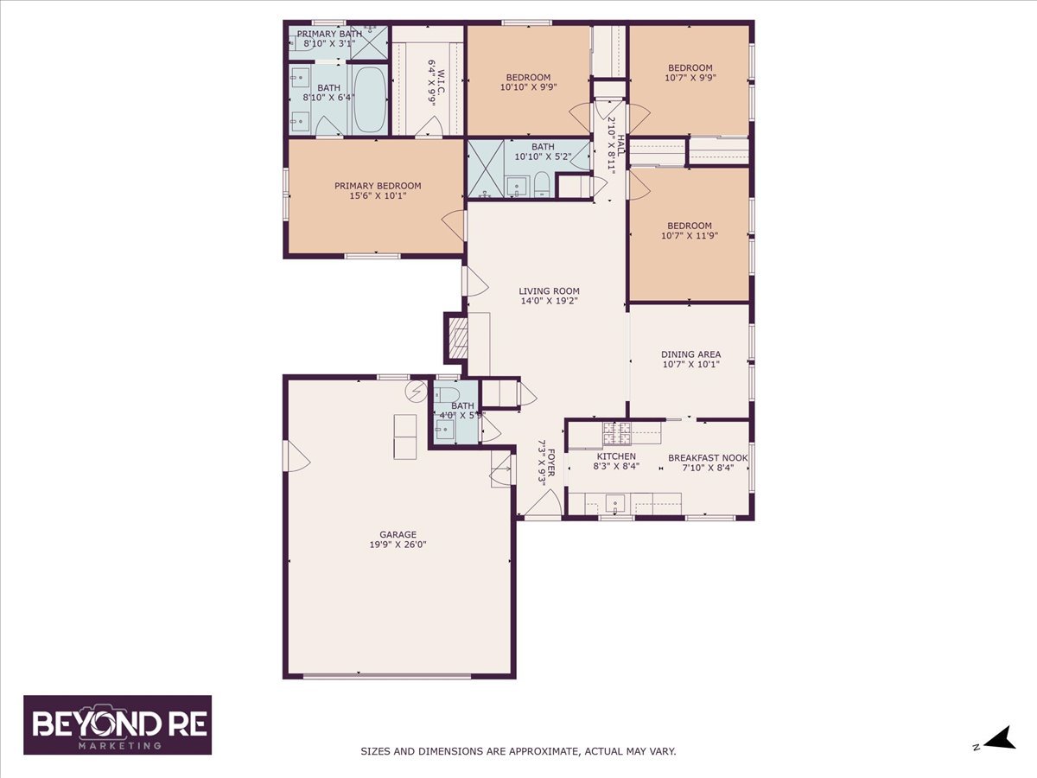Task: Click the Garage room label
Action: (398, 534)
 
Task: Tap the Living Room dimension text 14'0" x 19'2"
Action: (549, 301)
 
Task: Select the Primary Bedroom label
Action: (378, 186)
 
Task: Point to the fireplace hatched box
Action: (457, 337)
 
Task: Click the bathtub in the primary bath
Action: (369, 99)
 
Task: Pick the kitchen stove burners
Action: (616, 434)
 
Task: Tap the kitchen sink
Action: (615, 502)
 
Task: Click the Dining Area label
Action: (690, 354)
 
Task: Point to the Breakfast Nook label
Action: (708, 458)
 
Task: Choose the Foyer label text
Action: (551, 465)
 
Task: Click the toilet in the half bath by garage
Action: (447, 394)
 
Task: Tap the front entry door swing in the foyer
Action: (544, 502)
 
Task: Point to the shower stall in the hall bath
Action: (485, 169)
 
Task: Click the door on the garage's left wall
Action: (296, 456)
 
